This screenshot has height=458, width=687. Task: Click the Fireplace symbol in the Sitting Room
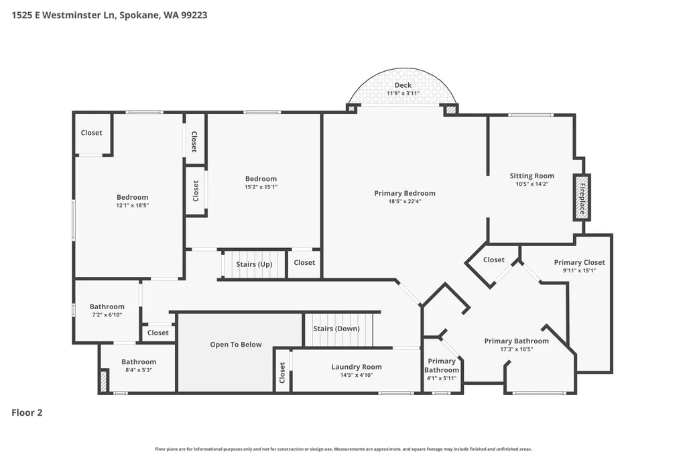582,197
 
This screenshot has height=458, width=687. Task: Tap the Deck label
403,85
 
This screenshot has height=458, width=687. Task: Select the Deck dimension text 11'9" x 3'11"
403,93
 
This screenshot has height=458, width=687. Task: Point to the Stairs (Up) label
254,264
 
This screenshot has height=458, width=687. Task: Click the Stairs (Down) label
336,329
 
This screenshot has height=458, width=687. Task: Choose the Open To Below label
236,345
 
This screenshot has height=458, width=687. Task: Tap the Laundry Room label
356,367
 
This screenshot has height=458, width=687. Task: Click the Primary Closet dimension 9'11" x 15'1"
579,270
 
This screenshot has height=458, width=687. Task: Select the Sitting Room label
532,176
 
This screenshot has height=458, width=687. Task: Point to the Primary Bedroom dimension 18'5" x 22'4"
405,202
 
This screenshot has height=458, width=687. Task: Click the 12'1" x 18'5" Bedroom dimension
132,205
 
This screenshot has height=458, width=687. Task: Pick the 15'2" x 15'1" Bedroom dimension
261,186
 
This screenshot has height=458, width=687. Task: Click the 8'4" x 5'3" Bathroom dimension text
139,370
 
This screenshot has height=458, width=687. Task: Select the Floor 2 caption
27,412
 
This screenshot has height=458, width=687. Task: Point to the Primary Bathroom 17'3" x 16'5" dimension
517,349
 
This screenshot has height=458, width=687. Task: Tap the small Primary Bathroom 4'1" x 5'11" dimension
442,378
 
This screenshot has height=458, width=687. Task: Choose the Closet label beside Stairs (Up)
304,262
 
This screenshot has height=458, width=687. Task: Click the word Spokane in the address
139,15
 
